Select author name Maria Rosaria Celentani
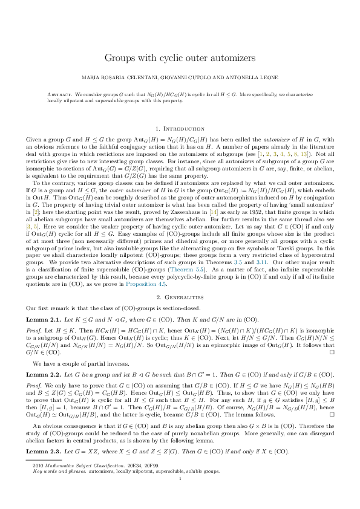pos(119,78)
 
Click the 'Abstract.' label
pos(59,96)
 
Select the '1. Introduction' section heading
pos(180,129)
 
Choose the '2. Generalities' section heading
pos(180,297)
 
